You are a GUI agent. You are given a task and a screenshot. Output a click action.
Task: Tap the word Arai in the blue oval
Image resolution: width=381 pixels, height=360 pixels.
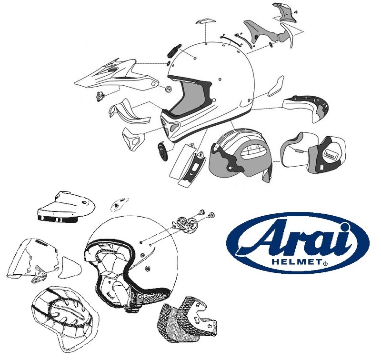pos(297,240)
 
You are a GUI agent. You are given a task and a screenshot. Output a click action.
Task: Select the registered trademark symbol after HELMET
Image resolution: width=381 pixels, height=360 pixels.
pos(325,262)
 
